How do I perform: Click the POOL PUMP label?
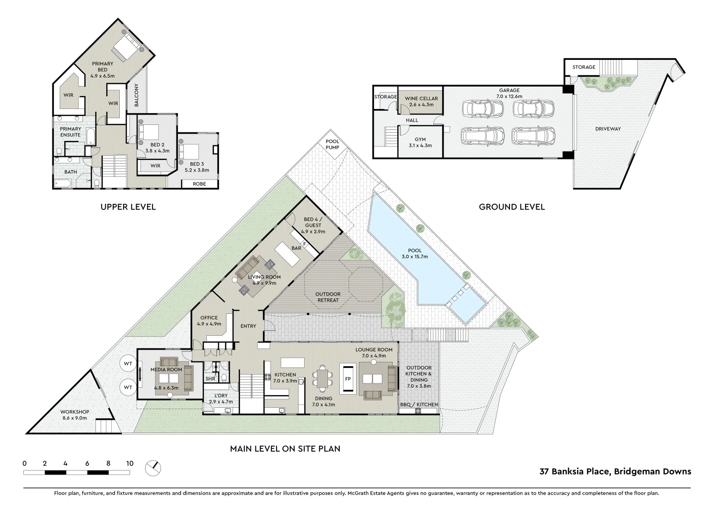point(332,144)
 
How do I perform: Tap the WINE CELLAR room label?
point(421,101)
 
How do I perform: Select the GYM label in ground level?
point(420,142)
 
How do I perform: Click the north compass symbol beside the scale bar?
point(153,467)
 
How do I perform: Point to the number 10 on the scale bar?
point(130,463)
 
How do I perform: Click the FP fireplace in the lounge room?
point(348,379)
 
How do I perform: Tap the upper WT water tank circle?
point(127,363)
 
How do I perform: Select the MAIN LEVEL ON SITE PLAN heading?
point(285,448)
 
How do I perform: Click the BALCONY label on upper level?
point(137,95)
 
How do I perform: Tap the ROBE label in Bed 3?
point(199,184)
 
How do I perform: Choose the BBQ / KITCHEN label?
point(419,404)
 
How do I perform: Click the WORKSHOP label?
point(74,415)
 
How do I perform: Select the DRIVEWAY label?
point(608,129)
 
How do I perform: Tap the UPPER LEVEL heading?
point(128,207)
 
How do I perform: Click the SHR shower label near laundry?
point(211,379)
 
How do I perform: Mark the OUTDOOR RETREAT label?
point(328,297)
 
